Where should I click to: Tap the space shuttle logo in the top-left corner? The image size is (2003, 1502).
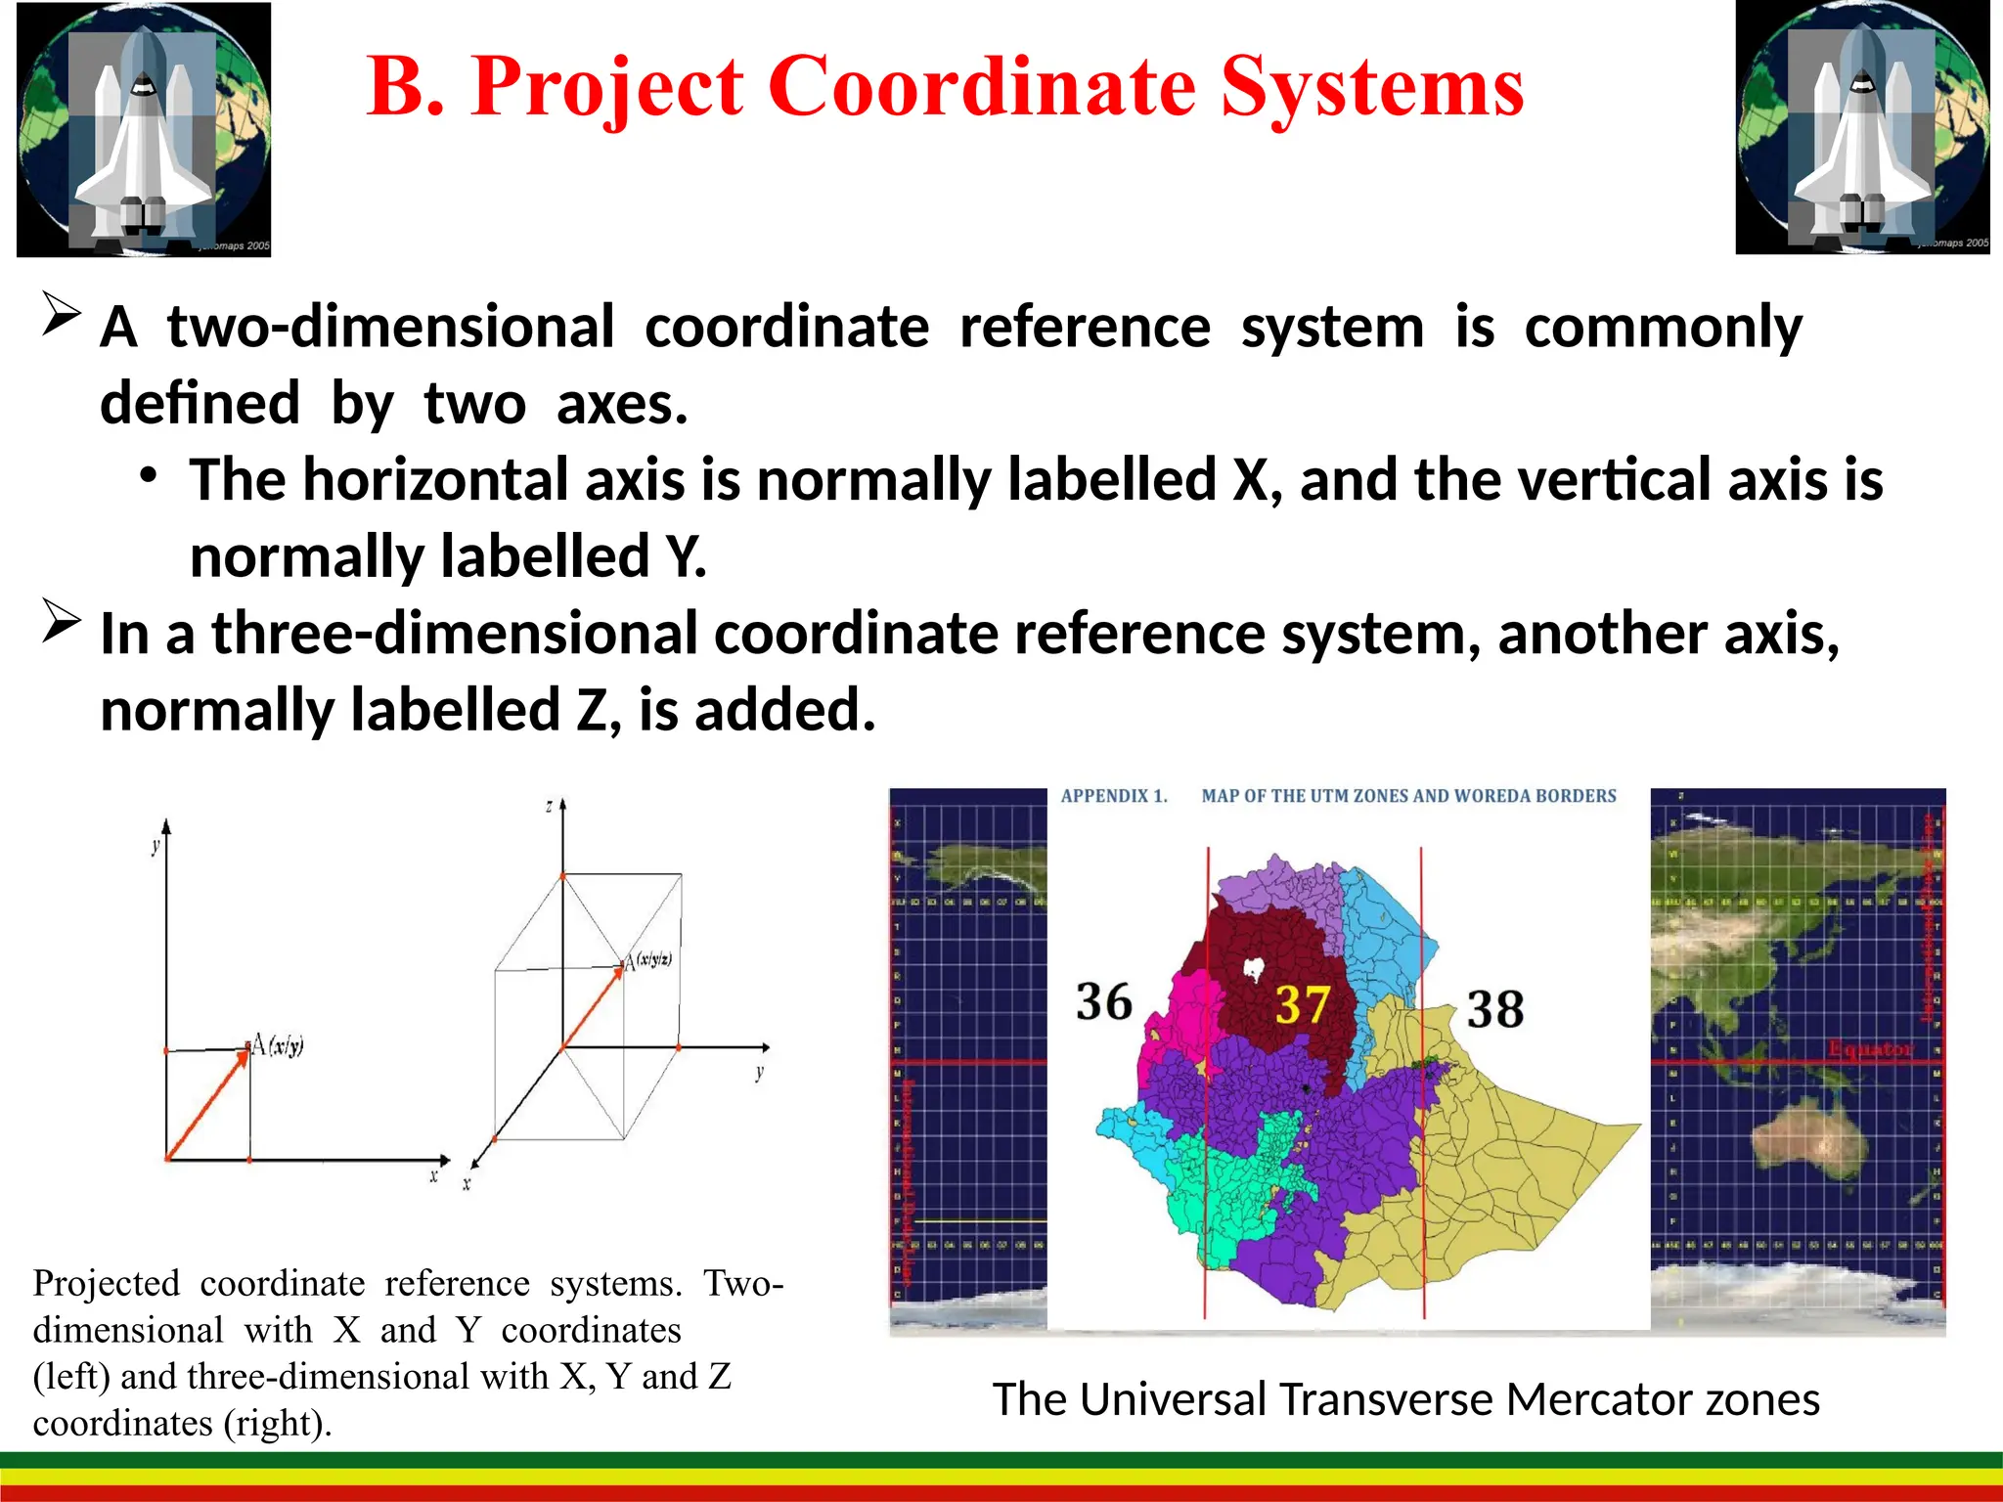[144, 129]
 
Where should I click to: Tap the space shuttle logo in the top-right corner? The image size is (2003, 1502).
[1862, 129]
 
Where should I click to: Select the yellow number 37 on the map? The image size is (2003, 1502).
[1302, 1005]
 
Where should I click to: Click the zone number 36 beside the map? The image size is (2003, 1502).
[1103, 1002]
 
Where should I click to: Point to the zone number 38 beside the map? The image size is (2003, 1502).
[1494, 1009]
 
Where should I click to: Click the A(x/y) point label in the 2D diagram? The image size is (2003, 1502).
[278, 1044]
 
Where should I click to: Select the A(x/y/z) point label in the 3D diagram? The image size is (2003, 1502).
[648, 961]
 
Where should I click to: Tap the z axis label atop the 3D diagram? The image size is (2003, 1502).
[550, 807]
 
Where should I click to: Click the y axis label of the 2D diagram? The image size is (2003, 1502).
[156, 845]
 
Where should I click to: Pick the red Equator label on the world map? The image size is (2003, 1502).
[1869, 1049]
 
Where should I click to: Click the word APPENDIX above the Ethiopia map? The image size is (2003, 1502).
[1104, 796]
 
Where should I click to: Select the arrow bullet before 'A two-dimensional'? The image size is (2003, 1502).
[61, 315]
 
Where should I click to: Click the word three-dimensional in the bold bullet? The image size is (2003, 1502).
[455, 634]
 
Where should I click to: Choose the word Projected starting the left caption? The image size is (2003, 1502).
[107, 1283]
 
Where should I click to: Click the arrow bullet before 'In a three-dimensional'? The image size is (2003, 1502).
[61, 623]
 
